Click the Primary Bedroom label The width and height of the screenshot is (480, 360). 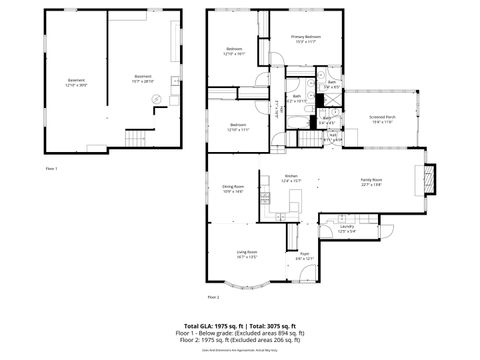304,39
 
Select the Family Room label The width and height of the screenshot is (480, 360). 372,182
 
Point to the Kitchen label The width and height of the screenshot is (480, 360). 291,178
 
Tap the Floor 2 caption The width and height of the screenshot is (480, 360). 213,298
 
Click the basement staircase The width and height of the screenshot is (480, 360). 134,138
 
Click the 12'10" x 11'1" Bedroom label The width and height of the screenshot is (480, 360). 237,128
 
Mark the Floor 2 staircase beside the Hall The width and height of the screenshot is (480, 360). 275,106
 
